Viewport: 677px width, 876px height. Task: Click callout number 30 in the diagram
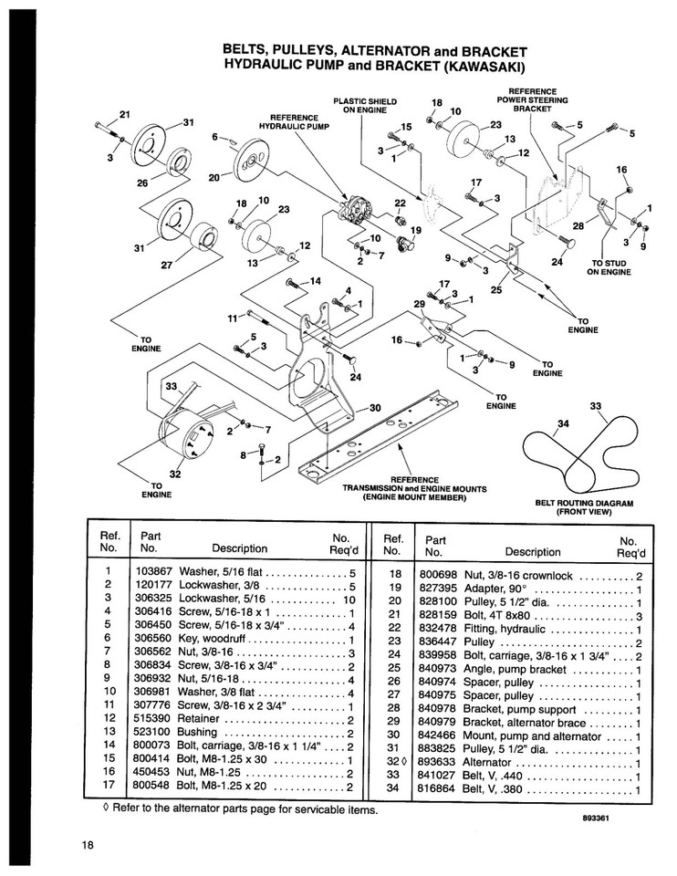tap(373, 408)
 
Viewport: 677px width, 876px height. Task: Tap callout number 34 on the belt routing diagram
tap(562, 422)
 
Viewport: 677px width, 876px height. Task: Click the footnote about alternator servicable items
tap(238, 809)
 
